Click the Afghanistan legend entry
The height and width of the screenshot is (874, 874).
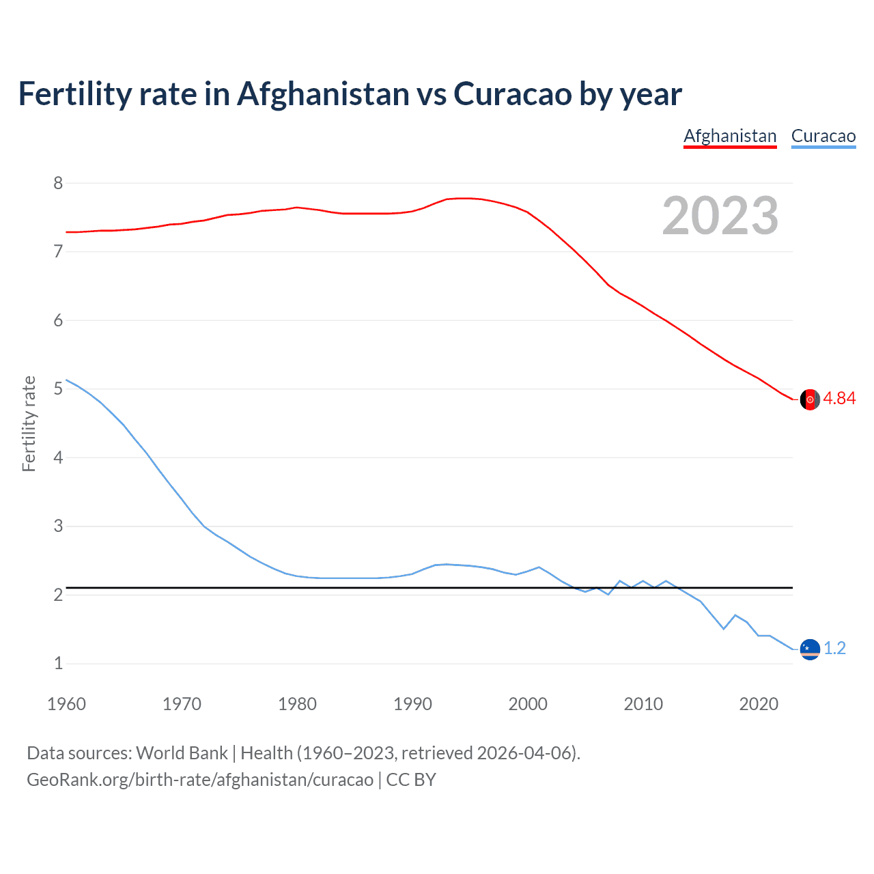pos(730,136)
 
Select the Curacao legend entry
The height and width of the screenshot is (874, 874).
pos(823,136)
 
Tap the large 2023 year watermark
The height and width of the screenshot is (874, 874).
pos(720,216)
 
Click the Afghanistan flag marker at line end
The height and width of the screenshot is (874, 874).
pos(810,399)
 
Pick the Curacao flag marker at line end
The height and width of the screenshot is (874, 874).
pos(810,649)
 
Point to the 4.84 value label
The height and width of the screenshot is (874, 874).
pos(839,398)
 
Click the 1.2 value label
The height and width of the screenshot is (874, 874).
pos(834,648)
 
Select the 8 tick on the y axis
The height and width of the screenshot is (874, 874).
pos(58,183)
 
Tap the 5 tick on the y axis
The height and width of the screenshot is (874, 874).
pos(58,389)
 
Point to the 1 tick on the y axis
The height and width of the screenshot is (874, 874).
pos(58,664)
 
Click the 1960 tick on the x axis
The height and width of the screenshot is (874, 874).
pos(66,704)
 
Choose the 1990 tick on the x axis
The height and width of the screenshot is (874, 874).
pos(412,704)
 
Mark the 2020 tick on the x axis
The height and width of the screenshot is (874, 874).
pos(759,704)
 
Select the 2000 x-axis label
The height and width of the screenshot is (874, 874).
pos(528,704)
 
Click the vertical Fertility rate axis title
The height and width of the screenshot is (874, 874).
pos(29,423)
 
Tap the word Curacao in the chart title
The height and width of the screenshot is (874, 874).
pos(512,94)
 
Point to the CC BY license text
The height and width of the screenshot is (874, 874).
pos(411,780)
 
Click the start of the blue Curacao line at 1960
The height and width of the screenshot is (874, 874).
pos(67,380)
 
